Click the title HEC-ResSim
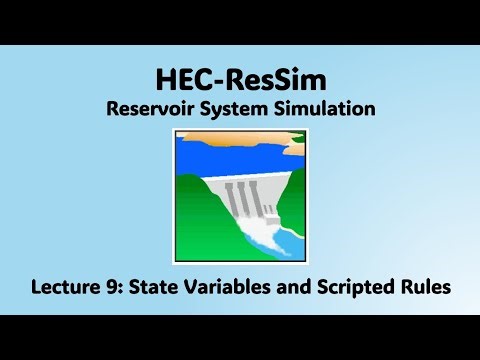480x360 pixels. pyautogui.click(x=240, y=79)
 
